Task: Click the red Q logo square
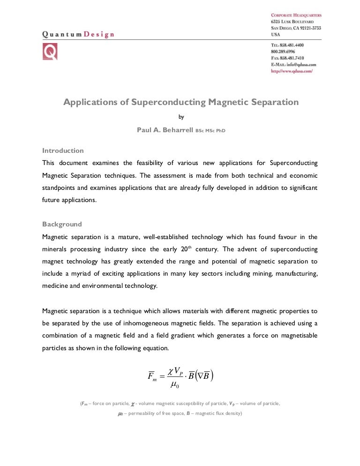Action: pyautogui.click(x=50, y=51)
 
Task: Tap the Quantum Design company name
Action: pyautogui.click(x=78, y=34)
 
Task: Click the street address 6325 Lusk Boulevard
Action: pyautogui.click(x=292, y=22)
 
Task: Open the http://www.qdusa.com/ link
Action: pyautogui.click(x=292, y=71)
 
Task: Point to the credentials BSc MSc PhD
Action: pyautogui.click(x=210, y=130)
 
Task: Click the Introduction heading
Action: pyautogui.click(x=63, y=151)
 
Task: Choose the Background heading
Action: pyautogui.click(x=62, y=224)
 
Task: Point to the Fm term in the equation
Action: pyautogui.click(x=152, y=376)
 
